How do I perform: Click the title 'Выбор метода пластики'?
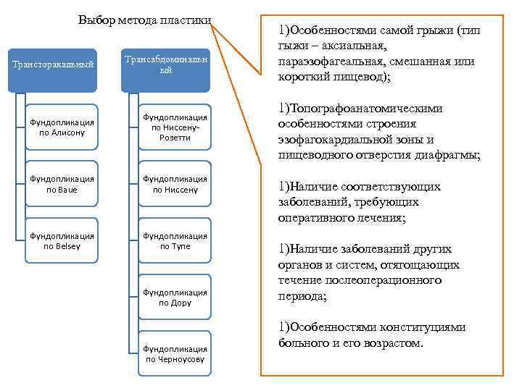145,20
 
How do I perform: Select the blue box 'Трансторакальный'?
54,65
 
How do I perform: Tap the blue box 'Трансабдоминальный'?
166,65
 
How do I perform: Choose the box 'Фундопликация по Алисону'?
62,127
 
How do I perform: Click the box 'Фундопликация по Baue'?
62,184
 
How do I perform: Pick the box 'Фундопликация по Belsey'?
62,240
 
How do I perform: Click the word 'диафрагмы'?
450,155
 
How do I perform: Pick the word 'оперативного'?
314,218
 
